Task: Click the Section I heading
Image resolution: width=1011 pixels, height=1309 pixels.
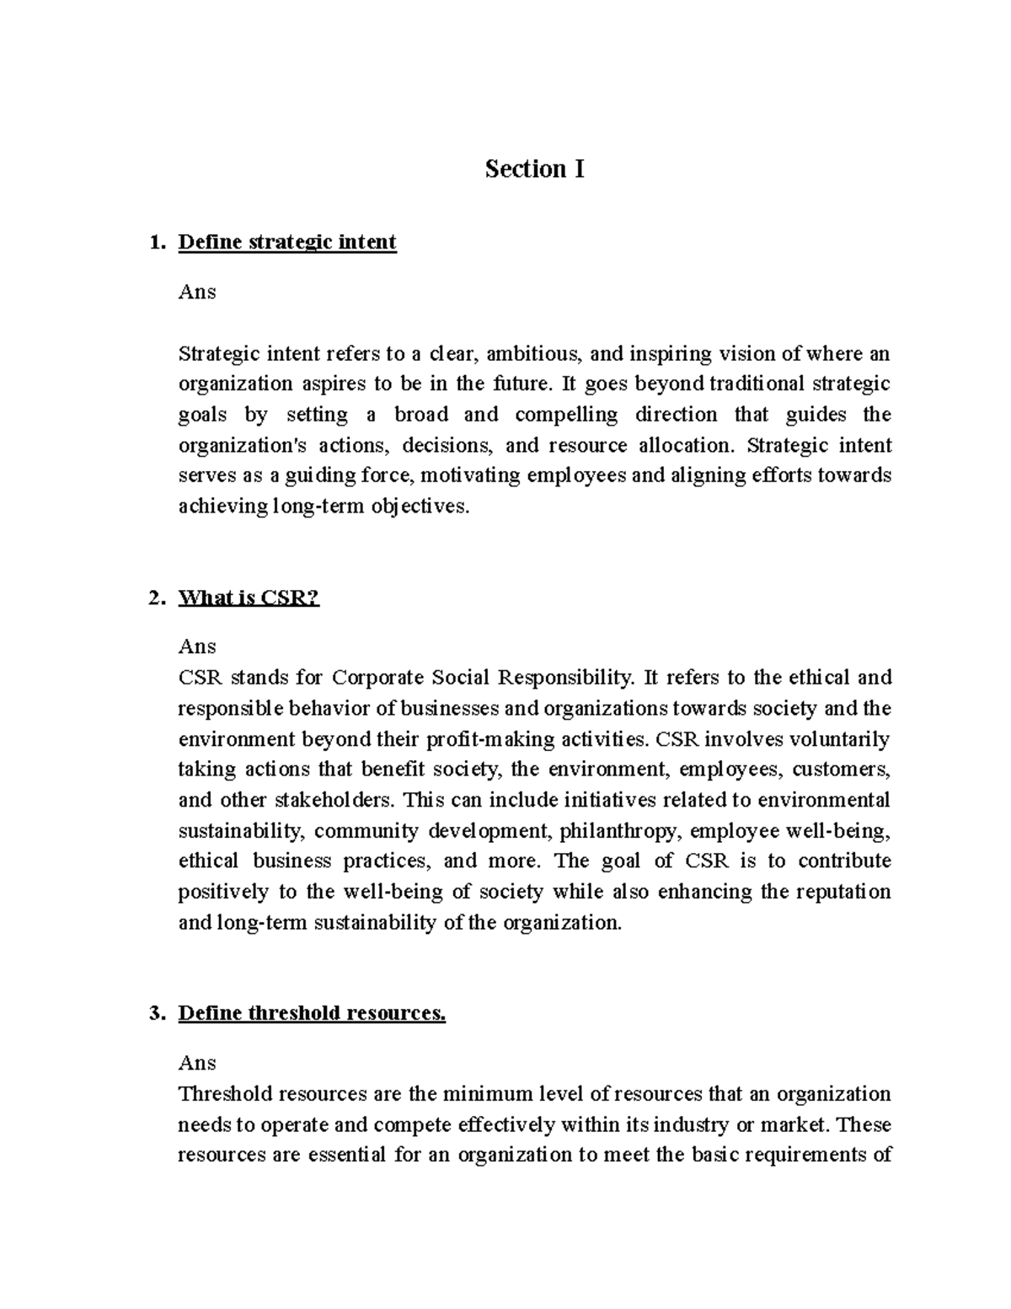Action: coord(534,169)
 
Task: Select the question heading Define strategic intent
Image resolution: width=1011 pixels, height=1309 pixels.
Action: coord(287,243)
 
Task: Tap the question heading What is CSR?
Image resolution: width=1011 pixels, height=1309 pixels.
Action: coord(249,598)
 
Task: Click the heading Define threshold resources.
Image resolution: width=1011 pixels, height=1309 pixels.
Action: coord(312,1013)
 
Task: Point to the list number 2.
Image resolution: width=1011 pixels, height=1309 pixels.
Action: coord(153,598)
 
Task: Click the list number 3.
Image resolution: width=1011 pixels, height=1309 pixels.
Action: coord(153,1013)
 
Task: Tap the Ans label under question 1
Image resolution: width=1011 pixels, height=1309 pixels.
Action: coord(197,292)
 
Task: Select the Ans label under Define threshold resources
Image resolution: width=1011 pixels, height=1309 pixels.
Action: coord(197,1063)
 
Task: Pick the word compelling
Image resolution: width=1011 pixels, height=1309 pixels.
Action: coord(566,415)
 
